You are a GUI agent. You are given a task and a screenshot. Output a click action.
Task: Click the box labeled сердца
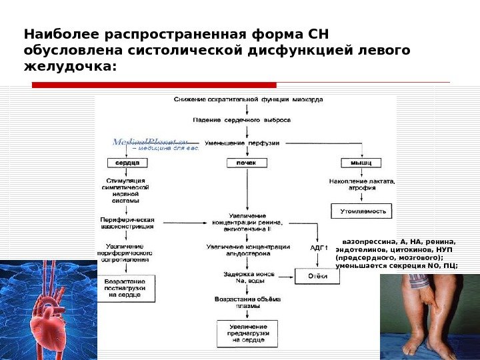click(x=127, y=163)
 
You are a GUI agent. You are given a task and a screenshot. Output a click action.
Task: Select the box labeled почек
click(x=247, y=163)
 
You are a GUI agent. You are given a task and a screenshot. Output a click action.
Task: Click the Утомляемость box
click(x=363, y=211)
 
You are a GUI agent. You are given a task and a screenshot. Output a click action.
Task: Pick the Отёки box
click(x=317, y=275)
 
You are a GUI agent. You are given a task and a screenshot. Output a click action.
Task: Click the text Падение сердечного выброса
click(x=242, y=120)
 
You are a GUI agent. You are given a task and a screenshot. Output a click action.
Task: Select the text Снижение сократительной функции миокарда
click(x=248, y=99)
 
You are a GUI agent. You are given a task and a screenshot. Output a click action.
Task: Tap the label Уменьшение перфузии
click(x=242, y=143)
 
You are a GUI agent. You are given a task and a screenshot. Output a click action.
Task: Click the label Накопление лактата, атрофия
click(x=362, y=184)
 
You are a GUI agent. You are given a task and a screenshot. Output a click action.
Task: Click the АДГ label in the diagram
click(x=319, y=247)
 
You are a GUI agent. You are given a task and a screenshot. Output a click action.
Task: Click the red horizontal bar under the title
click(x=154, y=85)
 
